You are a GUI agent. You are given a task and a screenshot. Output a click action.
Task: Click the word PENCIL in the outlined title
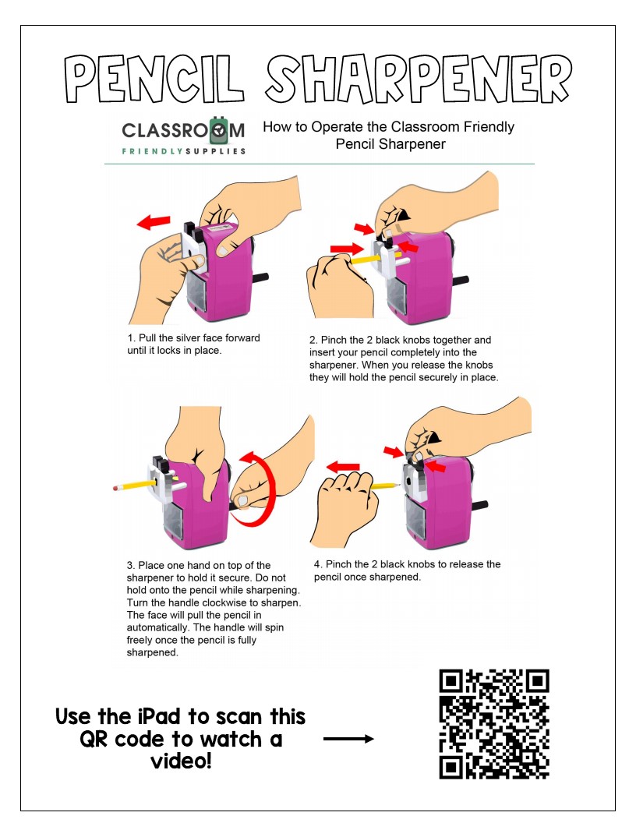155,79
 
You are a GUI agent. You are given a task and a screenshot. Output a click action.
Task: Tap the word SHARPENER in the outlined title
419,79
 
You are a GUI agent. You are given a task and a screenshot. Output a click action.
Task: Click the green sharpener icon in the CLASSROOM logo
219,130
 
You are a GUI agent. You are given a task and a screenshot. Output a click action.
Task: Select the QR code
494,724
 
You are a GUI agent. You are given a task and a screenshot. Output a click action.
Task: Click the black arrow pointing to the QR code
348,739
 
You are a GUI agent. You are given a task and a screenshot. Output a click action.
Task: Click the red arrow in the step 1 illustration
154,222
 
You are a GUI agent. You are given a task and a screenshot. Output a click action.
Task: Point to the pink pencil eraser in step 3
115,488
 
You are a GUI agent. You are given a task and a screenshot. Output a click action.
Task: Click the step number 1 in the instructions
131,338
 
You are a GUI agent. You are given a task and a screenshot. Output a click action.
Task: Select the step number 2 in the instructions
313,340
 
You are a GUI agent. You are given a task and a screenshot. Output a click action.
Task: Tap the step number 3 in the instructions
130,565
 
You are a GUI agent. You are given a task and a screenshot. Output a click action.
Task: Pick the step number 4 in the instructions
317,564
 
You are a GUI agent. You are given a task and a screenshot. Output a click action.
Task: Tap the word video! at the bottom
181,761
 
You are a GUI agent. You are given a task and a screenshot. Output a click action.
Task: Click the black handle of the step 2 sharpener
459,281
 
